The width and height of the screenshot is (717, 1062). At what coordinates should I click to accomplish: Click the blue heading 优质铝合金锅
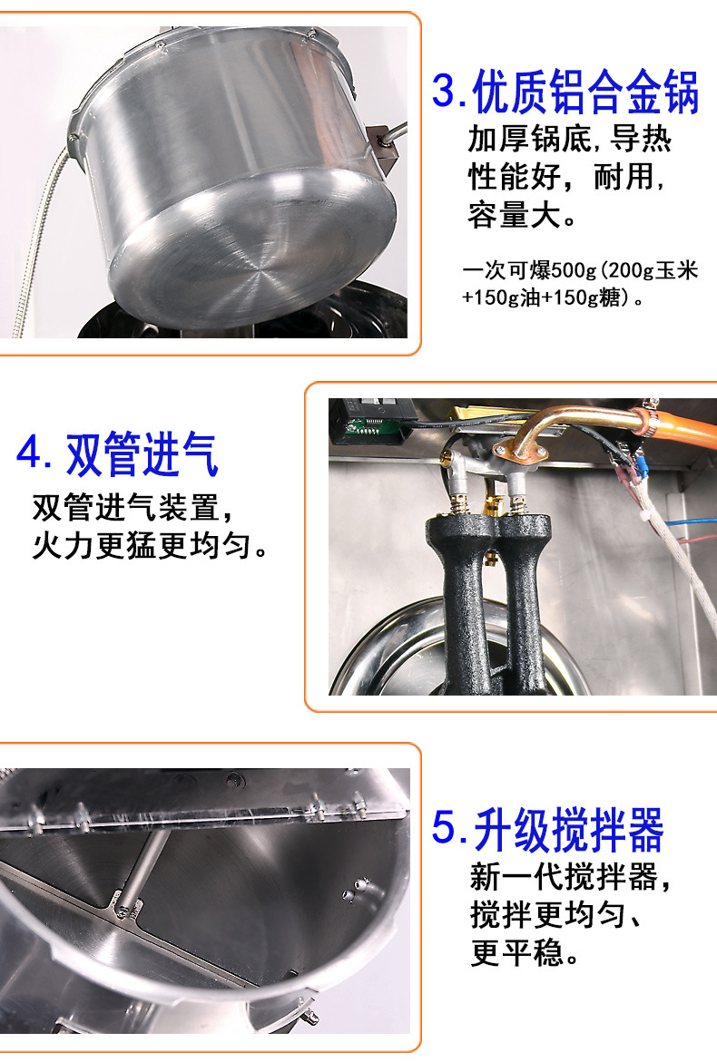(585, 92)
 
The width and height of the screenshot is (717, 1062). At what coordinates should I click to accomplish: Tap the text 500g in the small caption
(574, 270)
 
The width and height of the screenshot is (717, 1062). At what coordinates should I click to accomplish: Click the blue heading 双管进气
(142, 454)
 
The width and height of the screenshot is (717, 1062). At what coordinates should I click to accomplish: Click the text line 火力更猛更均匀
(149, 545)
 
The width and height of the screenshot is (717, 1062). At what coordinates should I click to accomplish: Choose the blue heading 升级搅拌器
(568, 830)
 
